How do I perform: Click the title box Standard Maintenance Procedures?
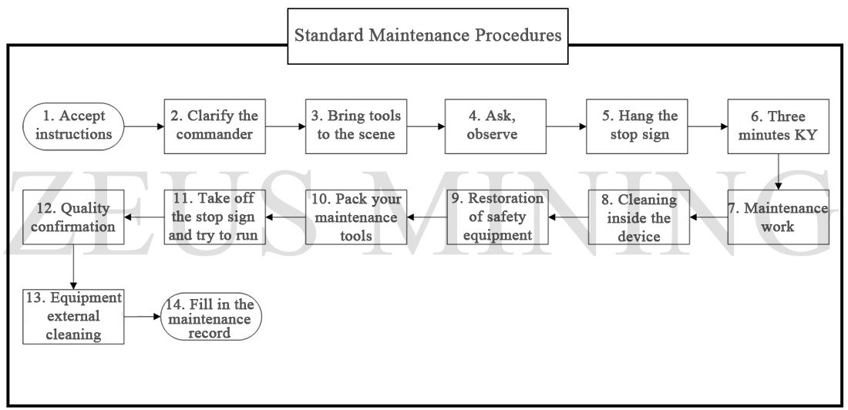[x=428, y=36]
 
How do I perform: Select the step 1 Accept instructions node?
[x=73, y=125]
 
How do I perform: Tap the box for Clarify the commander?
[x=214, y=125]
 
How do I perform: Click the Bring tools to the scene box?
[x=354, y=125]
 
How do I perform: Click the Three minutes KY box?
[x=777, y=125]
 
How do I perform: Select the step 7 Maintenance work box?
[x=777, y=217]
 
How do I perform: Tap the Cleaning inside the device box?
[x=639, y=217]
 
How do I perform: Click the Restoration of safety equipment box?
[x=498, y=217]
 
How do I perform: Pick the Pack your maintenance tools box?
[x=355, y=217]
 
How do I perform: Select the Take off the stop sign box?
[x=215, y=217]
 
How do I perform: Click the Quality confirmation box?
[x=73, y=217]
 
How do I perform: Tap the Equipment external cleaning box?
[x=73, y=316]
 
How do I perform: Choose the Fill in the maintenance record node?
[x=210, y=316]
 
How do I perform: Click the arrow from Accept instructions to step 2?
[x=144, y=125]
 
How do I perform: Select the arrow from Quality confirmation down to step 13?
[x=73, y=266]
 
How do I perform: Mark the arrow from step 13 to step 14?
[x=142, y=316]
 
